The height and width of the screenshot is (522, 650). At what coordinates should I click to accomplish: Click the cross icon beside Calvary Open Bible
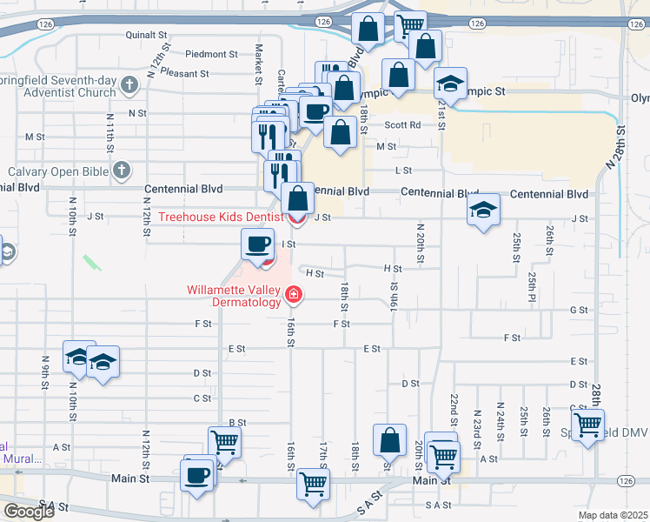click(123, 171)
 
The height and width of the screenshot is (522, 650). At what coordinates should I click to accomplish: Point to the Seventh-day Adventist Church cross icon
click(129, 85)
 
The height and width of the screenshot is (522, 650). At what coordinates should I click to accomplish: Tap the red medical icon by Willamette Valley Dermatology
click(294, 297)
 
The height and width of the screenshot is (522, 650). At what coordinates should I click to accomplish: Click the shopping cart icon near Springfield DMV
click(588, 425)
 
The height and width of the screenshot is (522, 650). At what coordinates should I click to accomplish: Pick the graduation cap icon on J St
click(483, 210)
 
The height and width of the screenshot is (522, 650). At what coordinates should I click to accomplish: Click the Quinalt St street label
click(146, 36)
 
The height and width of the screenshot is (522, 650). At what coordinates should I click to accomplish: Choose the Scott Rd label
click(402, 125)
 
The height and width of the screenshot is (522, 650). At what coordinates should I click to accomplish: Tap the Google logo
click(28, 512)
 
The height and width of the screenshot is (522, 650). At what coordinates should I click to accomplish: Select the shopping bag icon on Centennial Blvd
click(297, 198)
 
